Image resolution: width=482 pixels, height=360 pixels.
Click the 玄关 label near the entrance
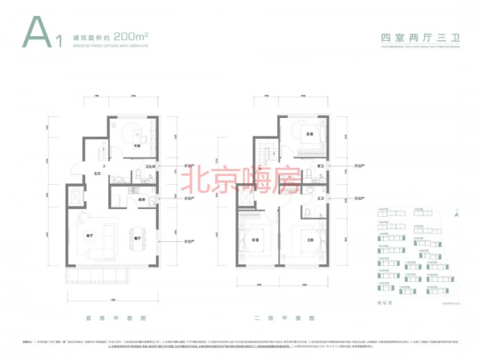click(96, 174)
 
